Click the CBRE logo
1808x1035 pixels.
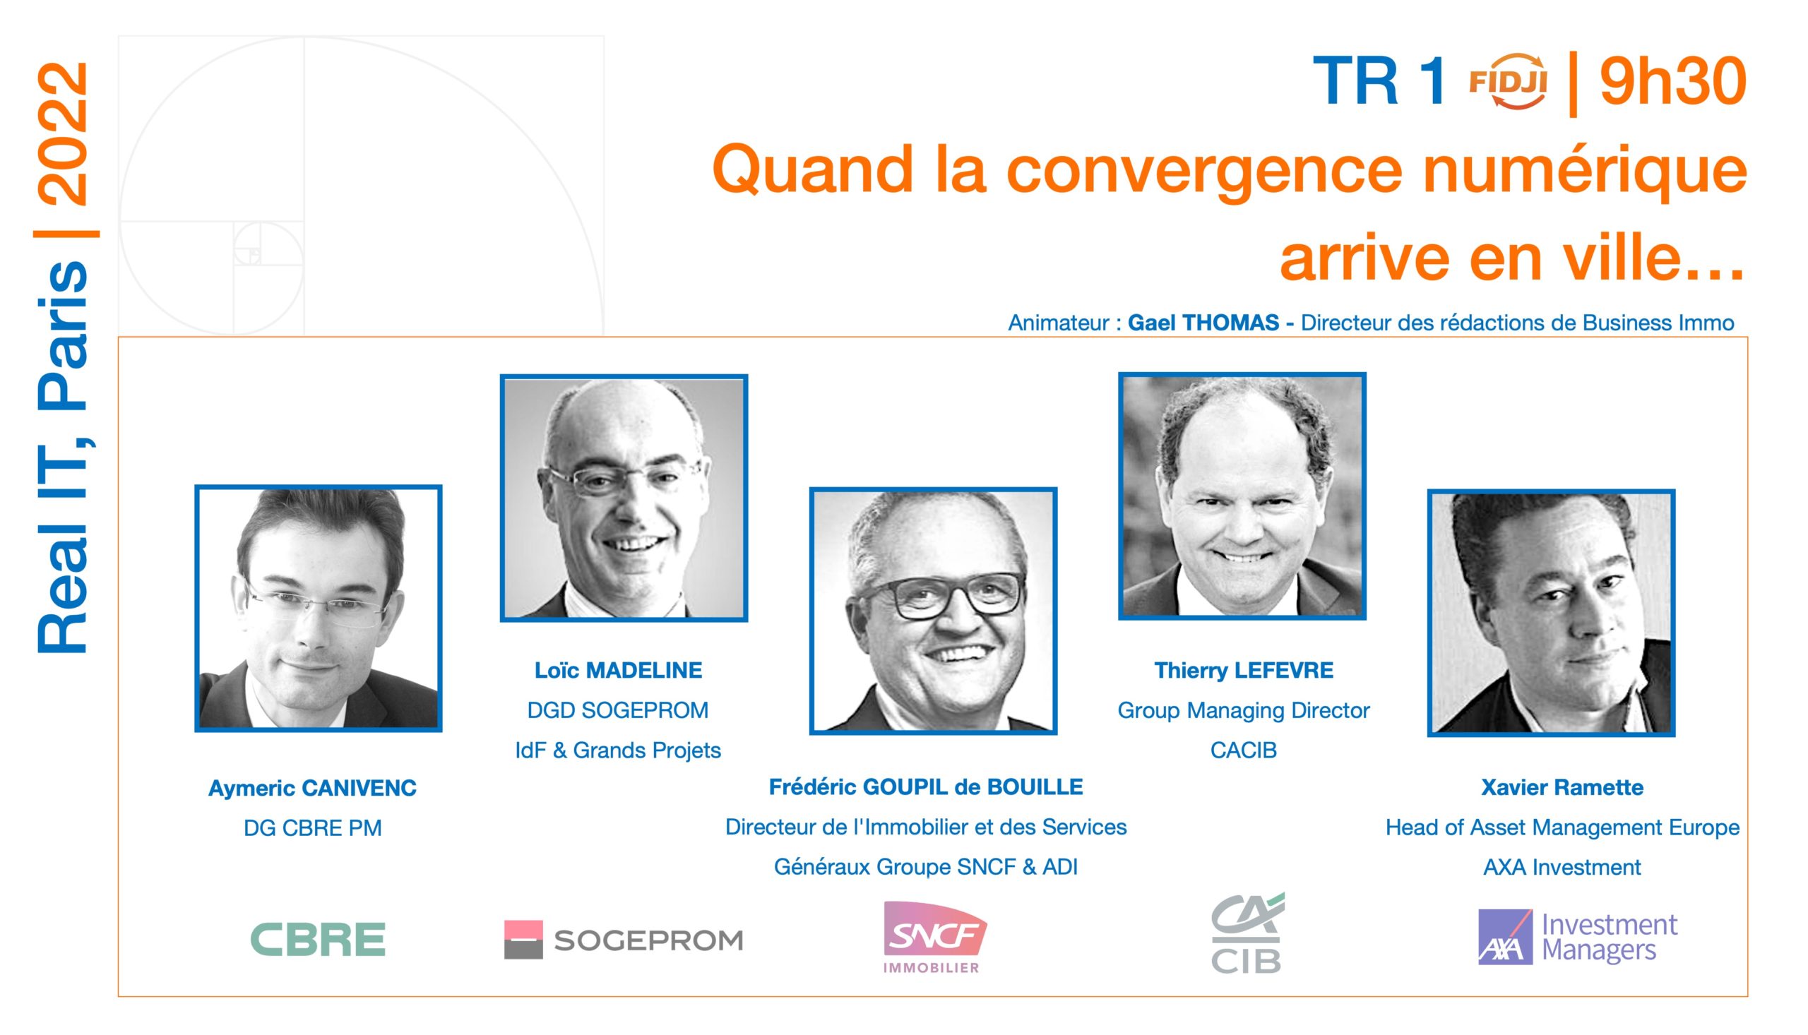click(318, 939)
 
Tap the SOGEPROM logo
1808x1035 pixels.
click(624, 940)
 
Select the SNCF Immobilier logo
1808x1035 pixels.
click(934, 937)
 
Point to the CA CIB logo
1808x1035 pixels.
click(1247, 933)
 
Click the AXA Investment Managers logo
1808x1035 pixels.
click(1577, 937)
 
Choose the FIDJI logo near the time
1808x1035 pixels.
click(1508, 82)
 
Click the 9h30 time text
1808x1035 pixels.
click(1673, 81)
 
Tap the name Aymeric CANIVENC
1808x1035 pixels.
click(312, 789)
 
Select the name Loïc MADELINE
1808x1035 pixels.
click(618, 670)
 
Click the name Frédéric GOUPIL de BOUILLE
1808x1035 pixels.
click(926, 787)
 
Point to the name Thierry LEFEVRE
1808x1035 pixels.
click(1244, 670)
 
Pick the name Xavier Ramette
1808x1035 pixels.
click(1562, 788)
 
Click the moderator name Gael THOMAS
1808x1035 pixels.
click(1203, 323)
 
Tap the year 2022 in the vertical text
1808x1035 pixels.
click(64, 133)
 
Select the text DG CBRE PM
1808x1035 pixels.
click(312, 828)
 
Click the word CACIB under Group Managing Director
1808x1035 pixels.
click(1244, 750)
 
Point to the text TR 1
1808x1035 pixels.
click(1379, 81)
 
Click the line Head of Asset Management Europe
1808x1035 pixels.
click(1562, 827)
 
